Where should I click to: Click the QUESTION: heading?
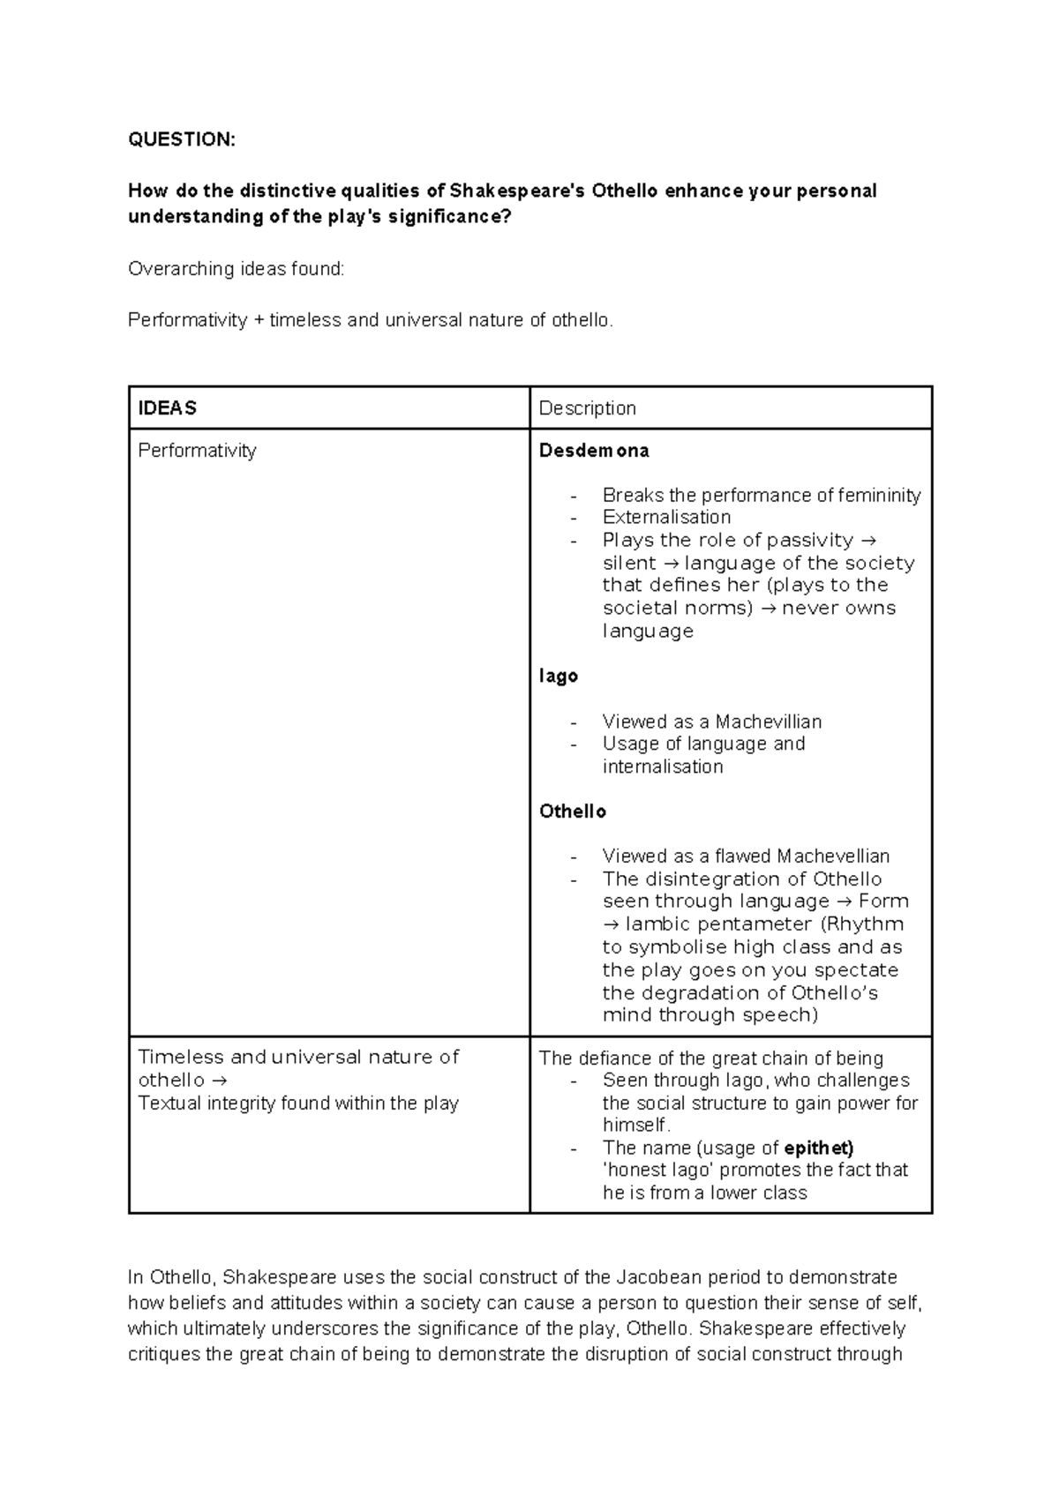(182, 139)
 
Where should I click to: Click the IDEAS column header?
(167, 408)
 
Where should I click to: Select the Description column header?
(587, 408)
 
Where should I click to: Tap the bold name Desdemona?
(594, 451)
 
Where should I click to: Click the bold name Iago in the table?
(559, 676)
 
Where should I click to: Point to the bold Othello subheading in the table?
(573, 811)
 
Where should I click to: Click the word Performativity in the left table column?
(197, 451)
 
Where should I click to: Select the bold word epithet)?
(819, 1148)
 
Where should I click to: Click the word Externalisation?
(666, 517)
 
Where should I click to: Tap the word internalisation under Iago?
(663, 767)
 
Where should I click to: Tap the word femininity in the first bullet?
(875, 495)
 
